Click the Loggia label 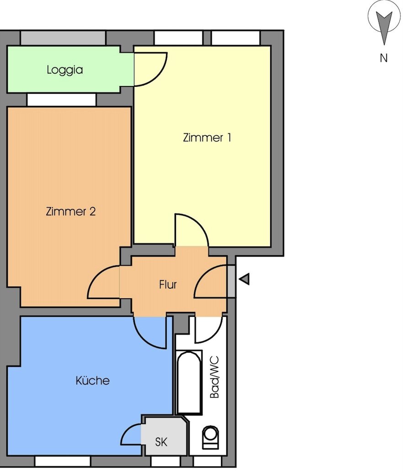click(65, 70)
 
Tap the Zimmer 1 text click(207, 137)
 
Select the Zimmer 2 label click(71, 211)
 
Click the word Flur click(168, 285)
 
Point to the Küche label click(93, 380)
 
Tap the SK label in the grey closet click(161, 442)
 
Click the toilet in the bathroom click(211, 436)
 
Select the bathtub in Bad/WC click(189, 382)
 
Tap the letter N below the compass click(384, 58)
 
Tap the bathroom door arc click(208, 329)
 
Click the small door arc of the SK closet click(131, 434)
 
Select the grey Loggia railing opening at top click(63, 38)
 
